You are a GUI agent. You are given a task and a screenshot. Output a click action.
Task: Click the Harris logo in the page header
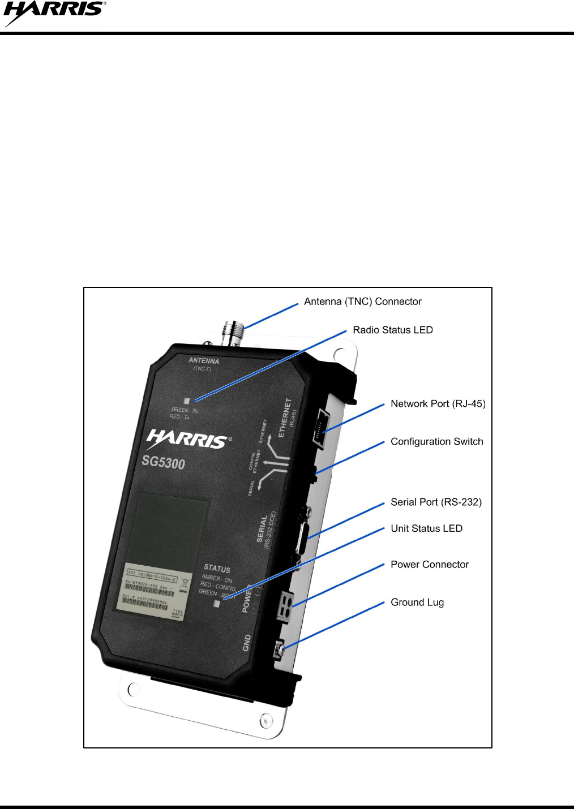pos(54,13)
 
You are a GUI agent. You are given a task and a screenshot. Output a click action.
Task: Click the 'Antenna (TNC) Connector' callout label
pos(362,302)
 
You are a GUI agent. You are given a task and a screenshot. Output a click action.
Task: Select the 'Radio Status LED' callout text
pos(392,330)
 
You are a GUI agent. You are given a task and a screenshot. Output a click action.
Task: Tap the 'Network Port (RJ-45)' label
pos(438,403)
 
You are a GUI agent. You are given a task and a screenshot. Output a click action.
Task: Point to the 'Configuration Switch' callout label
pos(436,441)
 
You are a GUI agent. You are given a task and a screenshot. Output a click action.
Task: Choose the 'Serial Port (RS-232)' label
pos(436,502)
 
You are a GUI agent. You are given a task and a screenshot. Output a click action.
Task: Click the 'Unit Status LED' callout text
pos(426,528)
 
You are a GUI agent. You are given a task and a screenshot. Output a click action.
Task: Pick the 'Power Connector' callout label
pos(429,564)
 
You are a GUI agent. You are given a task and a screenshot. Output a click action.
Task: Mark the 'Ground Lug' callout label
pos(417,602)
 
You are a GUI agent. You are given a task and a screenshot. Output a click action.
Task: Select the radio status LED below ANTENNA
pos(187,401)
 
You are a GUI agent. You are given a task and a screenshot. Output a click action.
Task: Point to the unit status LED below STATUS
pos(216,604)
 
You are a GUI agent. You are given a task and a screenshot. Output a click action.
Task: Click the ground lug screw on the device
pos(279,650)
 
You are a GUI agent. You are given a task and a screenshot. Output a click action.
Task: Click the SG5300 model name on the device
pos(163,462)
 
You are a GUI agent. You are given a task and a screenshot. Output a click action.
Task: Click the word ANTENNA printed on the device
pos(203,360)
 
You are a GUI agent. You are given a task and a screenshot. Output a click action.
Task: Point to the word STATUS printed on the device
pos(217,568)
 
